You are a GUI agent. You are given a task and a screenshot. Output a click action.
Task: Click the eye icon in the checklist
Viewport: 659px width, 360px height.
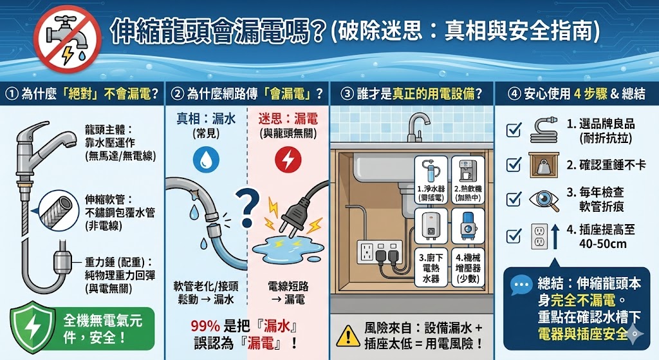tap(544, 200)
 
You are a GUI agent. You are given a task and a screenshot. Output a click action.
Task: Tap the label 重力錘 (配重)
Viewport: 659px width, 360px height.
tap(118, 263)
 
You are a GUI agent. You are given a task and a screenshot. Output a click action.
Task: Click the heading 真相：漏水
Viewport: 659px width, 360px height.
tap(206, 119)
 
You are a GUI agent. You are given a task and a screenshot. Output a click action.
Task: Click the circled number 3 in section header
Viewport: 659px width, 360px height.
tap(348, 94)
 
